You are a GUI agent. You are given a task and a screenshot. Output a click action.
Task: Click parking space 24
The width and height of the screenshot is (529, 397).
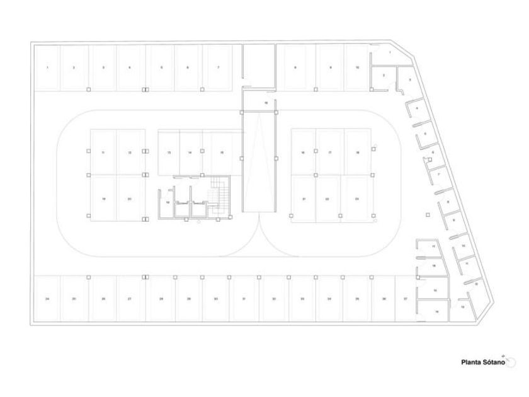47,299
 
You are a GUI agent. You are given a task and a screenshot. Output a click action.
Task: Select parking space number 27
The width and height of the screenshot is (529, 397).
129,299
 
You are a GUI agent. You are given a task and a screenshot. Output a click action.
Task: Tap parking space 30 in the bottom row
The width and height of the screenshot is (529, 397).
215,299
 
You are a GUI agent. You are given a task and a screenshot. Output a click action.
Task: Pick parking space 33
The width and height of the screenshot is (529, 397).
302,299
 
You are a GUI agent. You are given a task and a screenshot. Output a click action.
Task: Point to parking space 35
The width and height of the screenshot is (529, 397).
356,299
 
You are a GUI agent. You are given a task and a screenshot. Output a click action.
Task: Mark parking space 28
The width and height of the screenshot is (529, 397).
162,299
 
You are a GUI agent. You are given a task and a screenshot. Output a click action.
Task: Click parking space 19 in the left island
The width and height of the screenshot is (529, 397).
103,198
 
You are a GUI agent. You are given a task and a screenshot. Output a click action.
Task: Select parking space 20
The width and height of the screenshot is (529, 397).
129,198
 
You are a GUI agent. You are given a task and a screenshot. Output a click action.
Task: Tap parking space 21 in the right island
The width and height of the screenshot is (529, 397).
304,198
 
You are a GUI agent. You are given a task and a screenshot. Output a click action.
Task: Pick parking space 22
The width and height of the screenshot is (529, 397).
327,198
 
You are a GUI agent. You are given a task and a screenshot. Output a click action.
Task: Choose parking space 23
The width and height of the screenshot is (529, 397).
356,198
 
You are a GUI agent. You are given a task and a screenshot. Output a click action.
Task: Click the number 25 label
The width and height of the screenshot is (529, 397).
74,299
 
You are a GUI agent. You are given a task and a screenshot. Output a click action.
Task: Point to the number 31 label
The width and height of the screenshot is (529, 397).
243,299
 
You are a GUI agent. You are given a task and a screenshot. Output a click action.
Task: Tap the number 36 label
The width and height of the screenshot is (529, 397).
384,299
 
